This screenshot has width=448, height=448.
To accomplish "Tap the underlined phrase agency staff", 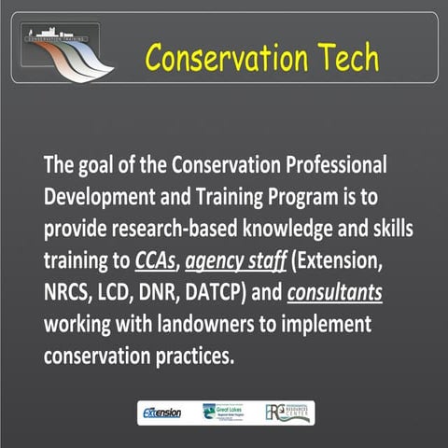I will (233, 262).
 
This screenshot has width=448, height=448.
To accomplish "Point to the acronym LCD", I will (126, 293).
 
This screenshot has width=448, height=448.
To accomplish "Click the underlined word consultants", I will (335, 293).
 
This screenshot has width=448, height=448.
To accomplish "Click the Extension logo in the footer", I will (162, 412).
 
